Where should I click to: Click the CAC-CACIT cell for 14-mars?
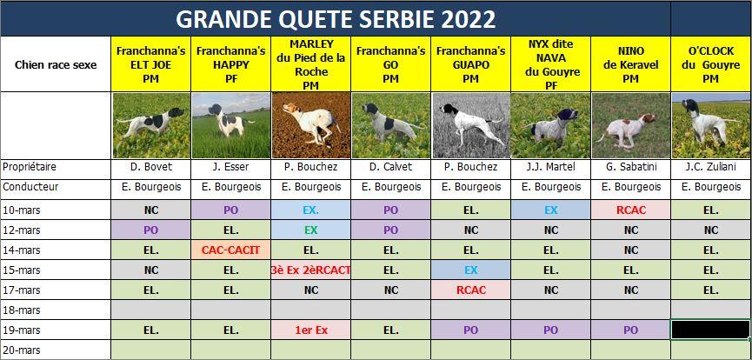tap(230, 250)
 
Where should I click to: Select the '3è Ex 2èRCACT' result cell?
tap(310, 270)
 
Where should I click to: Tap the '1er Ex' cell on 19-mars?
tap(310, 330)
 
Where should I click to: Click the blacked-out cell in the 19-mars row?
tap(711, 330)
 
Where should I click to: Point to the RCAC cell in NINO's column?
tap(630, 210)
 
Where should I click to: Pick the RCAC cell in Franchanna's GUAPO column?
tap(471, 290)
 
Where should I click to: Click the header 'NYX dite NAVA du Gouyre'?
tap(550, 64)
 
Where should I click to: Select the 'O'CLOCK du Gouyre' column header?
tap(711, 64)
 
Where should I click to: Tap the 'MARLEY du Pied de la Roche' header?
tap(310, 64)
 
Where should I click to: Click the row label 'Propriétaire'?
tap(30, 167)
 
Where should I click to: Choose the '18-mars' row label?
tap(22, 310)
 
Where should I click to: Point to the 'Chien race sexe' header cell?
tap(56, 65)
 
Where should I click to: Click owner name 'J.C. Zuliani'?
tap(711, 167)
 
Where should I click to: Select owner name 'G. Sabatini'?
tap(630, 167)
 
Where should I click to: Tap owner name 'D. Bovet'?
tap(151, 167)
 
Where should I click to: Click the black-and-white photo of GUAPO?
tap(471, 126)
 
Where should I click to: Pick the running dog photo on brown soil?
tap(310, 126)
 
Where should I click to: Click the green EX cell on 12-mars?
tap(310, 230)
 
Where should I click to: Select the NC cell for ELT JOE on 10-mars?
tap(151, 210)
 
